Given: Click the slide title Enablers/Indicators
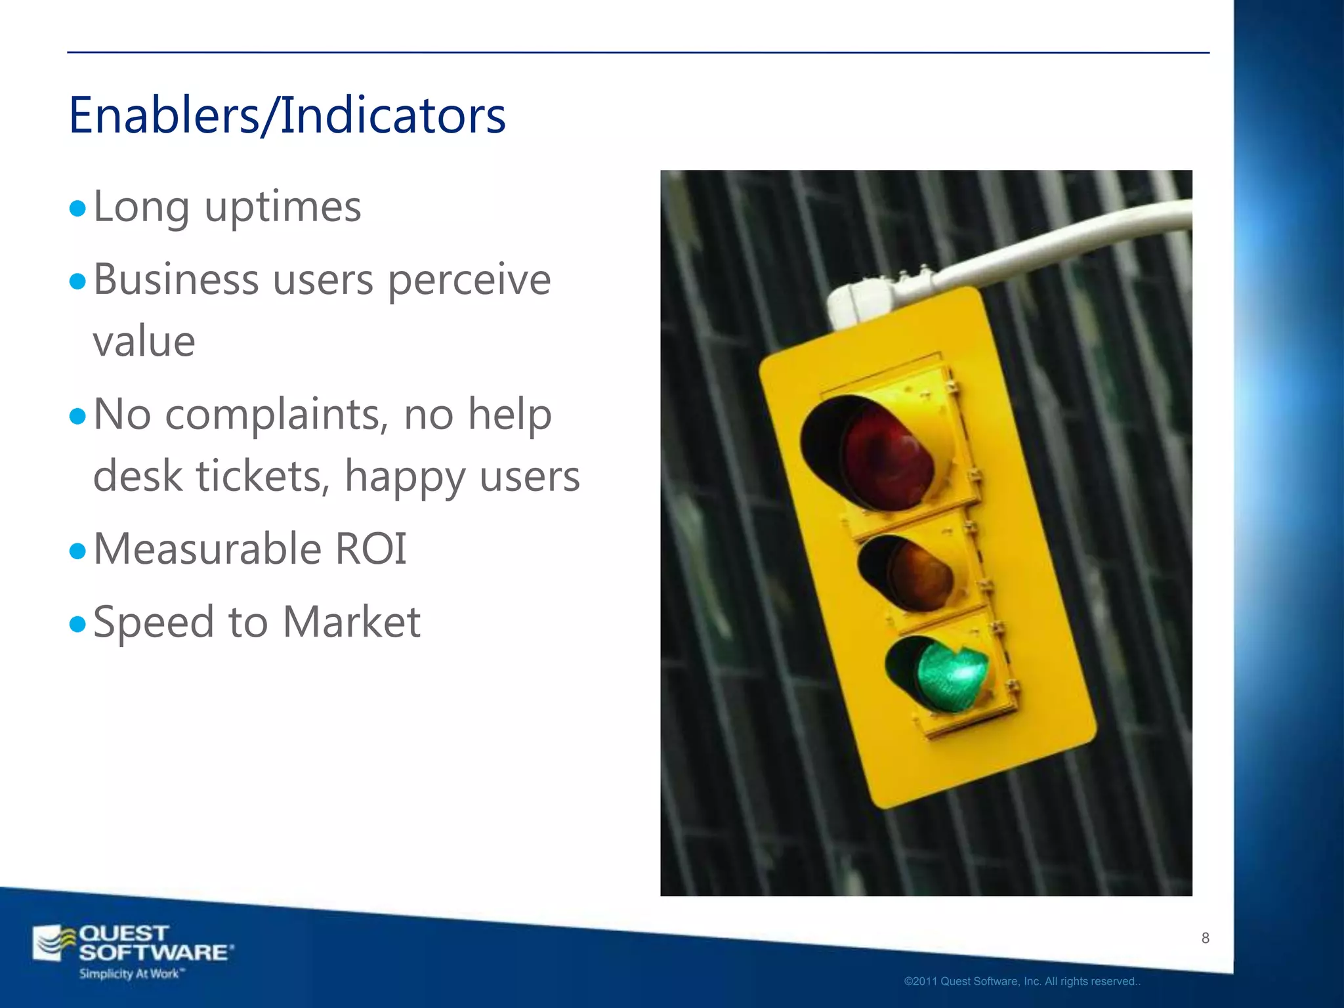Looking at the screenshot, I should pos(287,115).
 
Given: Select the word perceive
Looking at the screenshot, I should pos(469,281).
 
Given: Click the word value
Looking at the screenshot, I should pos(144,342).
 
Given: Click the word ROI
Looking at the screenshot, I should pos(371,549).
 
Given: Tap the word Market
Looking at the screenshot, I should pos(352,622).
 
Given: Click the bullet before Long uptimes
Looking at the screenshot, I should pos(77,209).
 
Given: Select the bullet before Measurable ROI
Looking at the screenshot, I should pos(77,551).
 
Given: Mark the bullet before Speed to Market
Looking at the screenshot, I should pos(77,623).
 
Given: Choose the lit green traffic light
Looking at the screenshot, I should pos(951,676).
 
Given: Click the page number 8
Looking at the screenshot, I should pos(1205,938).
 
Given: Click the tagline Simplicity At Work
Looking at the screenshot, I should pos(131,974).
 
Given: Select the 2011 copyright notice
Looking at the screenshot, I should pos(1022,982).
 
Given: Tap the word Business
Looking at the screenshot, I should pos(176,281).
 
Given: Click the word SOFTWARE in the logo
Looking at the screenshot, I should pos(155,953).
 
